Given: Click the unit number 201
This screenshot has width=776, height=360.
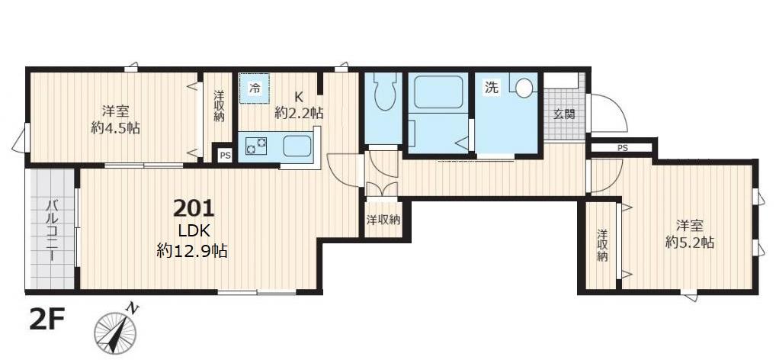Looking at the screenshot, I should (194, 207).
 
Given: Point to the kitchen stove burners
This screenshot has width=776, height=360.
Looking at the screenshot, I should (255, 143).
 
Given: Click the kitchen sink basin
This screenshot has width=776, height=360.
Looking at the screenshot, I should (297, 144).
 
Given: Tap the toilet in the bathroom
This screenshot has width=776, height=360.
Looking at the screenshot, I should (383, 92).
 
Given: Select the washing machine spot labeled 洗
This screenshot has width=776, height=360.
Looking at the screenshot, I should (492, 88).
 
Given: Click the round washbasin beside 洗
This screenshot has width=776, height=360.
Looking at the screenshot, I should (523, 87).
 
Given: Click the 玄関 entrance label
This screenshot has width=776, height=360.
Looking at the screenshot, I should (564, 114).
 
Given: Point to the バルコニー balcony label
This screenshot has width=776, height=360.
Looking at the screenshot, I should (52, 230).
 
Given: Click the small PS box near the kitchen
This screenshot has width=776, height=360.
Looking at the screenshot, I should (224, 155).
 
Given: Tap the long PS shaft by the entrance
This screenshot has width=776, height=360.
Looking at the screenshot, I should (622, 148).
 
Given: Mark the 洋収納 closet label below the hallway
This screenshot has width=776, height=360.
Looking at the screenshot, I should (383, 220).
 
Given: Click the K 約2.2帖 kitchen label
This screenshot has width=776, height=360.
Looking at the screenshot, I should (299, 105).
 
